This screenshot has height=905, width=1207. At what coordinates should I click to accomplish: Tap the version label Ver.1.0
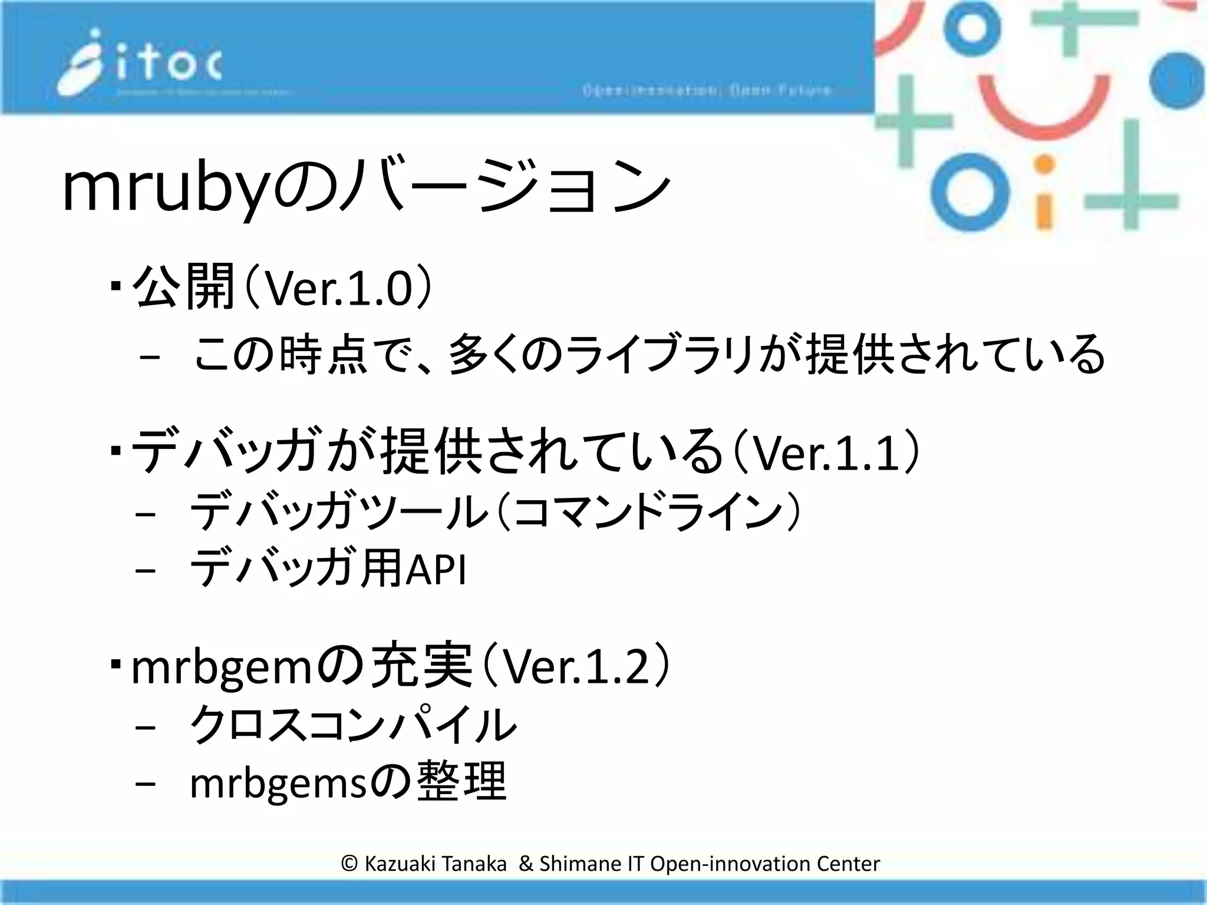338,289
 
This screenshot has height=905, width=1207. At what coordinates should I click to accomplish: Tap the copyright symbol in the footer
349,864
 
